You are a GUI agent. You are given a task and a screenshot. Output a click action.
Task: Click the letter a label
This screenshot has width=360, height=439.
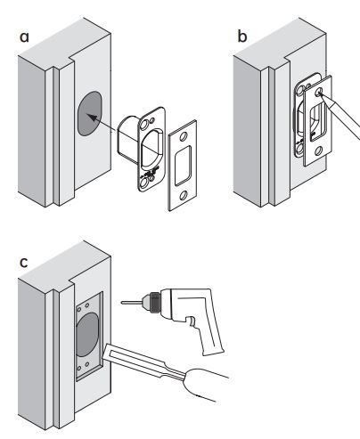tap(24, 37)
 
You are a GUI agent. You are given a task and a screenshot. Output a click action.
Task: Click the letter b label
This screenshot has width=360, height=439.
tap(242, 37)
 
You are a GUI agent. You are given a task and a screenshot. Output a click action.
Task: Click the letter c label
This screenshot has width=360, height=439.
tap(23, 262)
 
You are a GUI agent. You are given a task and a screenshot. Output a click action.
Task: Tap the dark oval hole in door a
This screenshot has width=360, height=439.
tap(90, 113)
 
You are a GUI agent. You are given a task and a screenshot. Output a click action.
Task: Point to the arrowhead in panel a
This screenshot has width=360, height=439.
tap(92, 118)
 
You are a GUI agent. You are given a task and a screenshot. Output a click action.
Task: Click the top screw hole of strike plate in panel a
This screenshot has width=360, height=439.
tap(184, 136)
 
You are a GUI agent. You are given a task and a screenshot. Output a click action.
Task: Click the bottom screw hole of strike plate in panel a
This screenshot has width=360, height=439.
tap(184, 195)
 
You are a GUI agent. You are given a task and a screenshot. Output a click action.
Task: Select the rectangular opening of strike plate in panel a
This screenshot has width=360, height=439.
tap(183, 166)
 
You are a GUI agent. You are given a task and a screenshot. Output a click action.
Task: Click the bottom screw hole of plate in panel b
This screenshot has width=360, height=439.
tap(318, 150)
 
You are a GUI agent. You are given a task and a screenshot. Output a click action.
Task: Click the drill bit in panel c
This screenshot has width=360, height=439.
tap(132, 303)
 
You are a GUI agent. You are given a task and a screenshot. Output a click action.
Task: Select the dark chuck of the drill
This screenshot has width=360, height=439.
tap(153, 302)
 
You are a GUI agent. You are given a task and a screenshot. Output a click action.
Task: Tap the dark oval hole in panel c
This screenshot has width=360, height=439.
tap(87, 335)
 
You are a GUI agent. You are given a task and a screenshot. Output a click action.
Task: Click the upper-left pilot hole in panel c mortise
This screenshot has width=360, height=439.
tap(79, 309)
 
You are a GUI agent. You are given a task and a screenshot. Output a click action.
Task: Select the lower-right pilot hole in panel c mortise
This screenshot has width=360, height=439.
tap(87, 364)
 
